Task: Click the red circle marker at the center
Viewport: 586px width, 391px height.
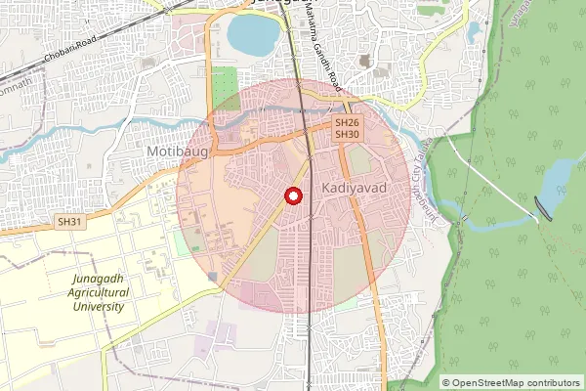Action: coord(292,196)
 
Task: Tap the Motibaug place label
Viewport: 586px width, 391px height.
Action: coord(171,152)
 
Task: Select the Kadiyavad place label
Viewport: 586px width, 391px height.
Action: coord(354,186)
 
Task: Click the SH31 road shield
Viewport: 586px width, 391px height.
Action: coord(70,222)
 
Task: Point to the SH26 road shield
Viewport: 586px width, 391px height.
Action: coord(347,123)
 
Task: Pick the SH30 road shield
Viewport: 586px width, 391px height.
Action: coord(347,134)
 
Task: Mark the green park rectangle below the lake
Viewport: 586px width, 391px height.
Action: coord(226,79)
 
